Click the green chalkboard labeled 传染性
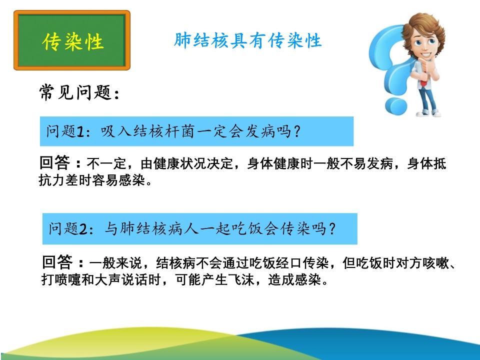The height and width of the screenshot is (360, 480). (x=72, y=40)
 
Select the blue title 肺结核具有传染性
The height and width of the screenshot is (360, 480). (x=248, y=40)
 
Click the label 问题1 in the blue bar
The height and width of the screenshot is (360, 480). (x=65, y=131)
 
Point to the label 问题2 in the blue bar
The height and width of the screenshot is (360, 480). (x=68, y=228)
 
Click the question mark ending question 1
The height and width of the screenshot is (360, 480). (x=296, y=131)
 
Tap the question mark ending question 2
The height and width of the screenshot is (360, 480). (x=331, y=228)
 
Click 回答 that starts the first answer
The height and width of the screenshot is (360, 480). (x=55, y=162)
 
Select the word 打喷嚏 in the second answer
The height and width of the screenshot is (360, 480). (x=61, y=279)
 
